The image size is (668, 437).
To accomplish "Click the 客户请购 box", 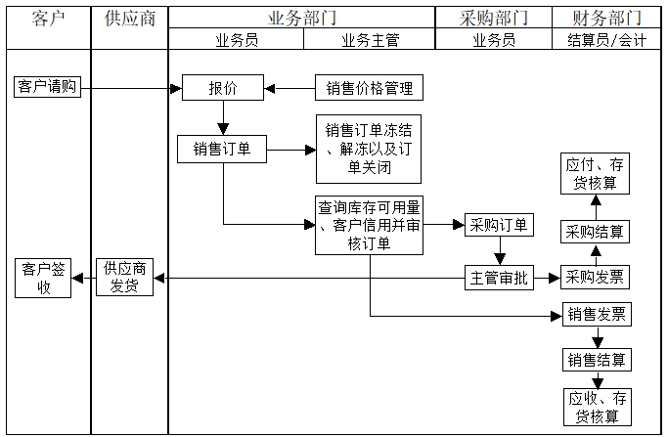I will [x=46, y=87].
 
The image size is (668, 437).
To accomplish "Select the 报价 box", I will [x=222, y=88].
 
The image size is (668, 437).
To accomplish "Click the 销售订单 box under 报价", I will [x=222, y=149].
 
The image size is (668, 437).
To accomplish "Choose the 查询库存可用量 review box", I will [x=369, y=226].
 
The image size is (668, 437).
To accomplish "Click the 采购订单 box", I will [x=498, y=225].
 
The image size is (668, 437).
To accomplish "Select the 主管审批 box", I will [x=498, y=278].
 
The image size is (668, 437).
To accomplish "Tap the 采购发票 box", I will [x=595, y=278].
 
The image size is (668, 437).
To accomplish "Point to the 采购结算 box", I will [x=595, y=232].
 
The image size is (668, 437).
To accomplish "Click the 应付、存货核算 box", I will [x=595, y=173].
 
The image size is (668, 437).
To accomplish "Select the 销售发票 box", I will [x=597, y=315].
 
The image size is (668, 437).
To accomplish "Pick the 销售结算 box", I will [x=597, y=359].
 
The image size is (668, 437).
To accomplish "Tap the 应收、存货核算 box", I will [x=597, y=406].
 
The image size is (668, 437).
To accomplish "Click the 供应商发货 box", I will [x=124, y=278].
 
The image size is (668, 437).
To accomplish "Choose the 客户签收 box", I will [x=43, y=278].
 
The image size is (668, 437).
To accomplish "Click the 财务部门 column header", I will [x=605, y=18].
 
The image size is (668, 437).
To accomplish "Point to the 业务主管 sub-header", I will [x=369, y=40].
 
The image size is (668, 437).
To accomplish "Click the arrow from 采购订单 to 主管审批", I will [x=498, y=251].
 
